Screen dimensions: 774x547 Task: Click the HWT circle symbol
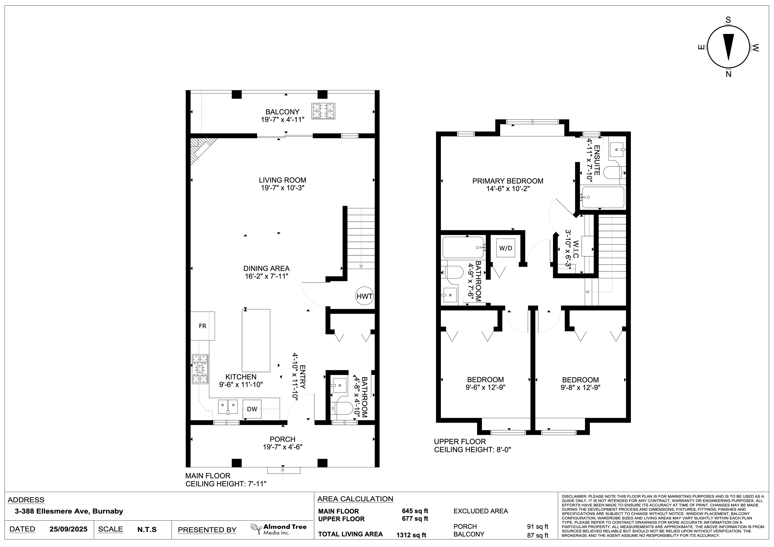(x=364, y=296)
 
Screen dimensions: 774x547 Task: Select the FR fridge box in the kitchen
(x=203, y=326)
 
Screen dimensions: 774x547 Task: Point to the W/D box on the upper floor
(x=505, y=248)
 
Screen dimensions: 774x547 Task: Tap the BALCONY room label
(x=282, y=112)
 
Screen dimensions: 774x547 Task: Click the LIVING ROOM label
(x=282, y=180)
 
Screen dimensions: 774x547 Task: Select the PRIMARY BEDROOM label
(x=508, y=181)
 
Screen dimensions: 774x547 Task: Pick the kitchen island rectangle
(x=256, y=340)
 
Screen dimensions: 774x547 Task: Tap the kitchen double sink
(x=228, y=406)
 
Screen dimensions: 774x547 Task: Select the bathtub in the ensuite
(x=603, y=197)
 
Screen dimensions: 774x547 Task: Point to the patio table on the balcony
(x=323, y=111)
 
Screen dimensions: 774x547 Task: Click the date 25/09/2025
(x=69, y=529)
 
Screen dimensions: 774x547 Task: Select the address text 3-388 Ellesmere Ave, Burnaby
(x=69, y=511)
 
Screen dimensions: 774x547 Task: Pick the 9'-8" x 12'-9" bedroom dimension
(x=580, y=388)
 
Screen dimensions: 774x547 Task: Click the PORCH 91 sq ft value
(x=538, y=526)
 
